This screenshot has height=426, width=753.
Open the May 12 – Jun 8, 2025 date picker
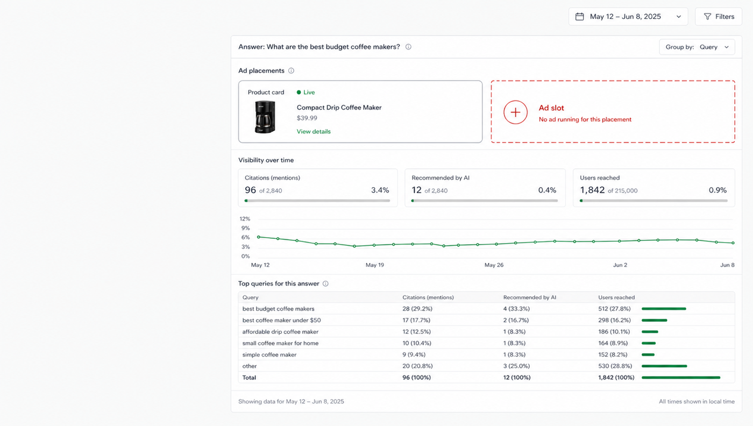[x=628, y=17]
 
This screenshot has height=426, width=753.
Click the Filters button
[x=719, y=17]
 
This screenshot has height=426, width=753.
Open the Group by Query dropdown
[x=697, y=47]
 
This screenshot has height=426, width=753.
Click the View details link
[x=314, y=131]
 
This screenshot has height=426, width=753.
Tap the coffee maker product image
[x=265, y=117]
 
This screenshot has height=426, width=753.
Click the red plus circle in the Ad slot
[x=515, y=112]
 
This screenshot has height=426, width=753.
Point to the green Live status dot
[x=299, y=92]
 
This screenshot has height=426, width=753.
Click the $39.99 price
[x=307, y=118]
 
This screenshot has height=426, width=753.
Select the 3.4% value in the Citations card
[x=380, y=190]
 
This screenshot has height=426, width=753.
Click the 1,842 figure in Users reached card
[x=592, y=190]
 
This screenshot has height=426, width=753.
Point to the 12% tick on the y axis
[x=245, y=218]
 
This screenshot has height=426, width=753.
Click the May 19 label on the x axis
[x=375, y=265]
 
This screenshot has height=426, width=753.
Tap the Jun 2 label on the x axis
[x=620, y=265]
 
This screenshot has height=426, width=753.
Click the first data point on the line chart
[x=259, y=237]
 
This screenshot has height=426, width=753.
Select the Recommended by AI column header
[x=530, y=297]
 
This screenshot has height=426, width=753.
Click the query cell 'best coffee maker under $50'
[x=282, y=320]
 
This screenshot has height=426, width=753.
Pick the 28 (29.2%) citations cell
[x=417, y=309]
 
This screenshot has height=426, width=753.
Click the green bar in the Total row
[x=681, y=378]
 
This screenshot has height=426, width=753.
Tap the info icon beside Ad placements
[x=291, y=70]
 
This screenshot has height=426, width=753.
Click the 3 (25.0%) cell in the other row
[x=516, y=366]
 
